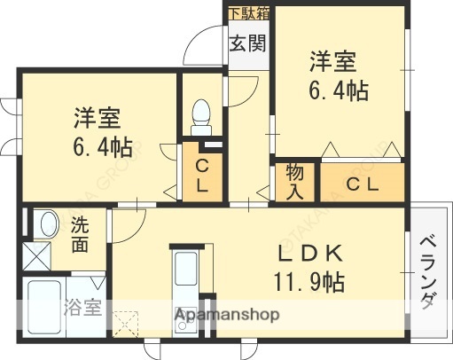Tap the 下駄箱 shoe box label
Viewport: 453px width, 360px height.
tap(248, 13)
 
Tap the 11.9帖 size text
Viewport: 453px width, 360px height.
tap(309, 285)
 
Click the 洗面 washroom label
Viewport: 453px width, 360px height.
tap(80, 235)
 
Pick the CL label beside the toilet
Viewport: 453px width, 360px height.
tap(201, 176)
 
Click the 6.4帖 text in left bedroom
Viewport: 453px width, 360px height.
tap(97, 147)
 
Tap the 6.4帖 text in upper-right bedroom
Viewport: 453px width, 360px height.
tap(339, 90)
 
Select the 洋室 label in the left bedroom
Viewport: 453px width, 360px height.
tap(97, 118)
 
